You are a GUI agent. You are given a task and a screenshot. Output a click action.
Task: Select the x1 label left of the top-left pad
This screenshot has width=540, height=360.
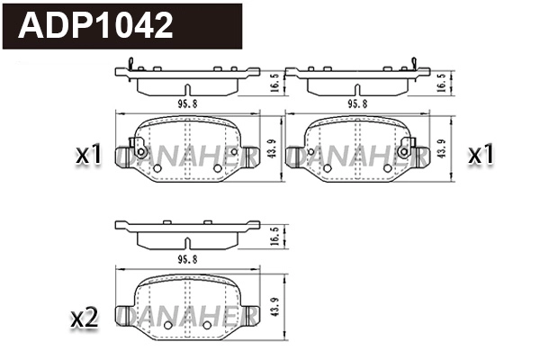[x=88, y=156]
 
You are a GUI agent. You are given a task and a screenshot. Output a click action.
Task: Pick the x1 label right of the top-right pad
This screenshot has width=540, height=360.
[x=481, y=156]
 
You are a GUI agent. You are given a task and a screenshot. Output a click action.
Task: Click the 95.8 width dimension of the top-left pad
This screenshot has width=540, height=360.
[x=187, y=103]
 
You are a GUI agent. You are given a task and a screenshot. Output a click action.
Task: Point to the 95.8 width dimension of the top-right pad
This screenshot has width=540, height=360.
[x=358, y=103]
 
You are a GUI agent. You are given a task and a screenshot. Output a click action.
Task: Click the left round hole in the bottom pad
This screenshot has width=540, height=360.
[x=158, y=323]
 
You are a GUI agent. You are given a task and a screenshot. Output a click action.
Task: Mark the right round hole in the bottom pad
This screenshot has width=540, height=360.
[x=208, y=323]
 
